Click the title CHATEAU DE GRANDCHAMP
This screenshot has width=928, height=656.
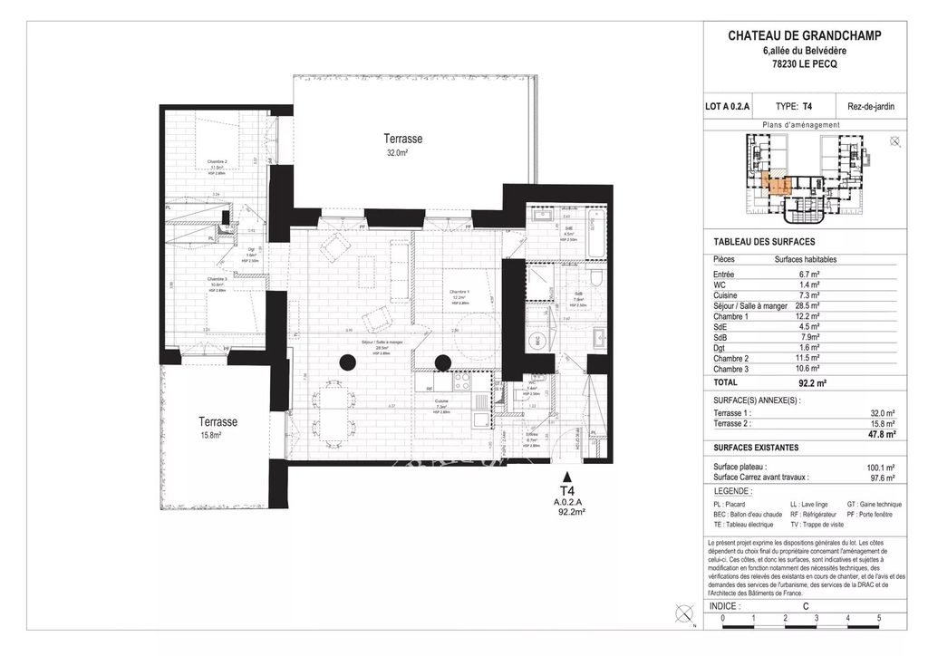click(x=804, y=36)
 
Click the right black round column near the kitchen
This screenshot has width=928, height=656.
click(x=442, y=362)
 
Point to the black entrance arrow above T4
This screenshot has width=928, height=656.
click(x=568, y=475)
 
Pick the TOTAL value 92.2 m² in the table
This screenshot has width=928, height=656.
click(x=816, y=383)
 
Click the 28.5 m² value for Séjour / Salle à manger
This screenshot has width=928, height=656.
click(x=809, y=306)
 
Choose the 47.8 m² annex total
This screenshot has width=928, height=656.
click(x=881, y=434)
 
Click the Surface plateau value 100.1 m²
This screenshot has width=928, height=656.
click(x=880, y=468)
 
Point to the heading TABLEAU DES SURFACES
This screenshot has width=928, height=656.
click(x=764, y=242)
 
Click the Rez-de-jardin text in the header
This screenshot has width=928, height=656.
click(x=870, y=106)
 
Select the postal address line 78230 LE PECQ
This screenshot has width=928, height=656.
click(x=804, y=64)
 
